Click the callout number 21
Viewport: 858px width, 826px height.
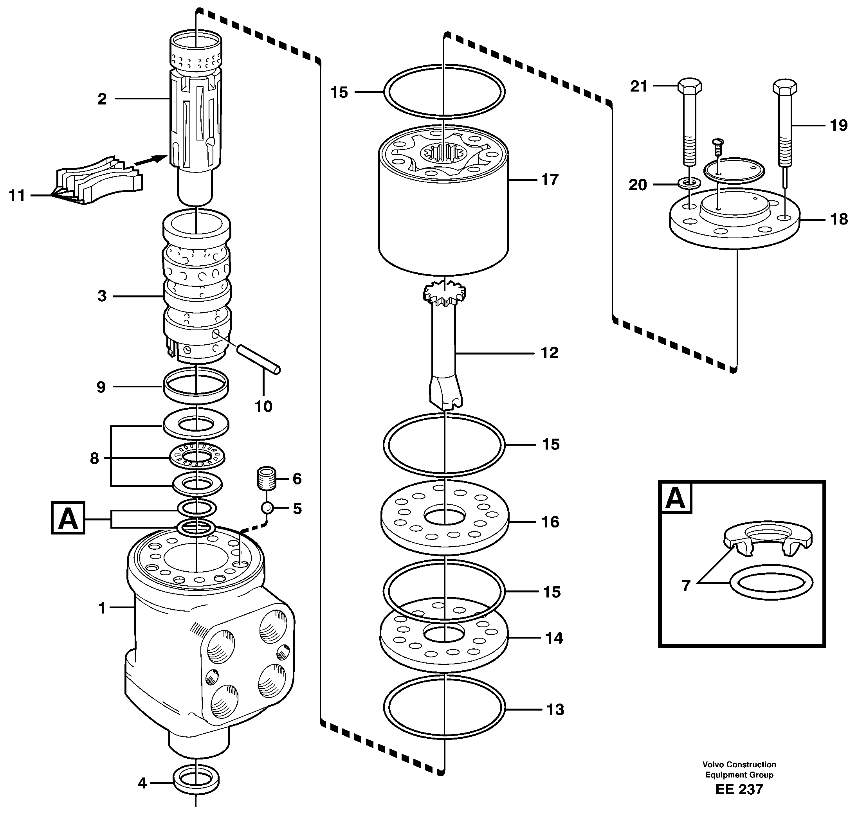(x=639, y=86)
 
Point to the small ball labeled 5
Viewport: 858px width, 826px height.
(x=267, y=508)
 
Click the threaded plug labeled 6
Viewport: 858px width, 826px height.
(x=266, y=479)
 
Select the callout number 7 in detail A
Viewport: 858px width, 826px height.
(x=685, y=585)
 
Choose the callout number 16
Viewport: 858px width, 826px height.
(x=550, y=522)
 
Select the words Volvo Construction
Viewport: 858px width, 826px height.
(x=739, y=765)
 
